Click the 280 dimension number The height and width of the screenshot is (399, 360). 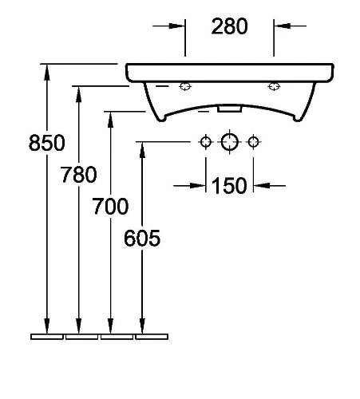click(x=229, y=26)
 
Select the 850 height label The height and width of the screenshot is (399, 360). click(x=47, y=143)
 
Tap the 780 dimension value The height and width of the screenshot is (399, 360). click(x=79, y=175)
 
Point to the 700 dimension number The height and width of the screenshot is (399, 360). click(x=110, y=207)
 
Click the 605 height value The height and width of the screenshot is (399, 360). click(x=142, y=238)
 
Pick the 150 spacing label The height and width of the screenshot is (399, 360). click(x=229, y=186)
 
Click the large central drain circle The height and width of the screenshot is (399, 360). click(x=229, y=142)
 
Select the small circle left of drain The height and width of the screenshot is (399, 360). click(x=206, y=142)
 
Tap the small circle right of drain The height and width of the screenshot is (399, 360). click(x=253, y=142)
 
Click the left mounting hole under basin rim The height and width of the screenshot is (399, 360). click(x=185, y=86)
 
